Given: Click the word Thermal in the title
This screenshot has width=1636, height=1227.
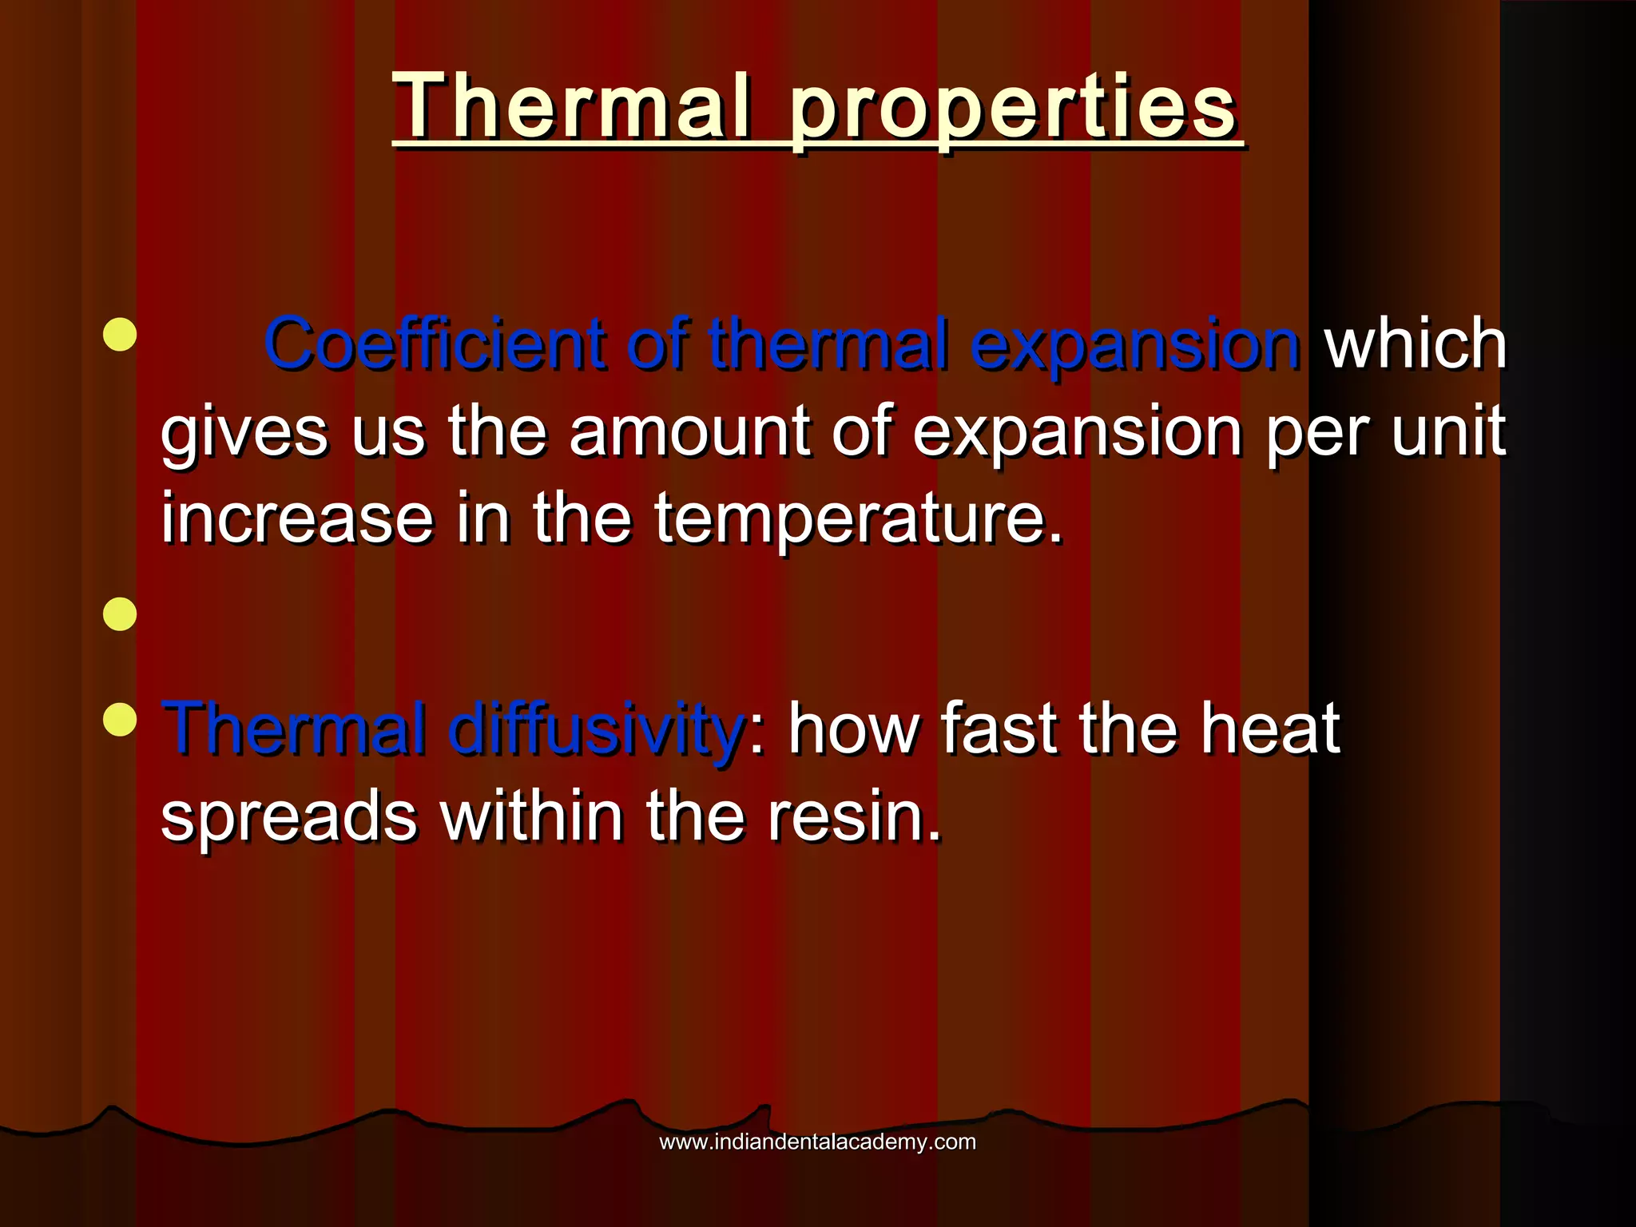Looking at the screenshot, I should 572,107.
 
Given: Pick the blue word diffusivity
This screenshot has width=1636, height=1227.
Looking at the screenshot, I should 596,728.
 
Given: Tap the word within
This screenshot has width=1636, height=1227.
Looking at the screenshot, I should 532,816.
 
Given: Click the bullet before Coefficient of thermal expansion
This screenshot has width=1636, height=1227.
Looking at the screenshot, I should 120,335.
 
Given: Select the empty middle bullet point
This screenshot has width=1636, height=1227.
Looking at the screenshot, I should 120,614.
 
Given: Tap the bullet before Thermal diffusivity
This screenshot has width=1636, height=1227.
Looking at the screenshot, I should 120,719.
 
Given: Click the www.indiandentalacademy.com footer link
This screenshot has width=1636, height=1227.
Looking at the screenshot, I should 817,1142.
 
